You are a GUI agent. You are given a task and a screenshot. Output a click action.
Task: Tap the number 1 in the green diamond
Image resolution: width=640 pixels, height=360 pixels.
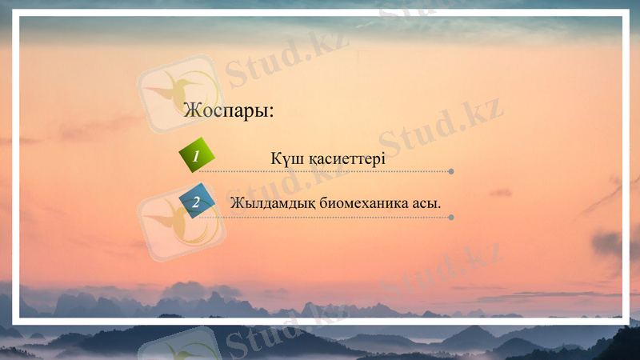[x=196, y=157]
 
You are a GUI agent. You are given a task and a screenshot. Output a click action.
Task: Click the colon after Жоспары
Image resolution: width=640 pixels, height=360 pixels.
[x=271, y=113]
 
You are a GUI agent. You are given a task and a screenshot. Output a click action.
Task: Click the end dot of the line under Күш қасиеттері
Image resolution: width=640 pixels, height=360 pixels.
[x=452, y=171]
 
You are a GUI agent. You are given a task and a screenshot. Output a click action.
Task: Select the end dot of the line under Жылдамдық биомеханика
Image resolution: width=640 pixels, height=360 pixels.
[x=452, y=217]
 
